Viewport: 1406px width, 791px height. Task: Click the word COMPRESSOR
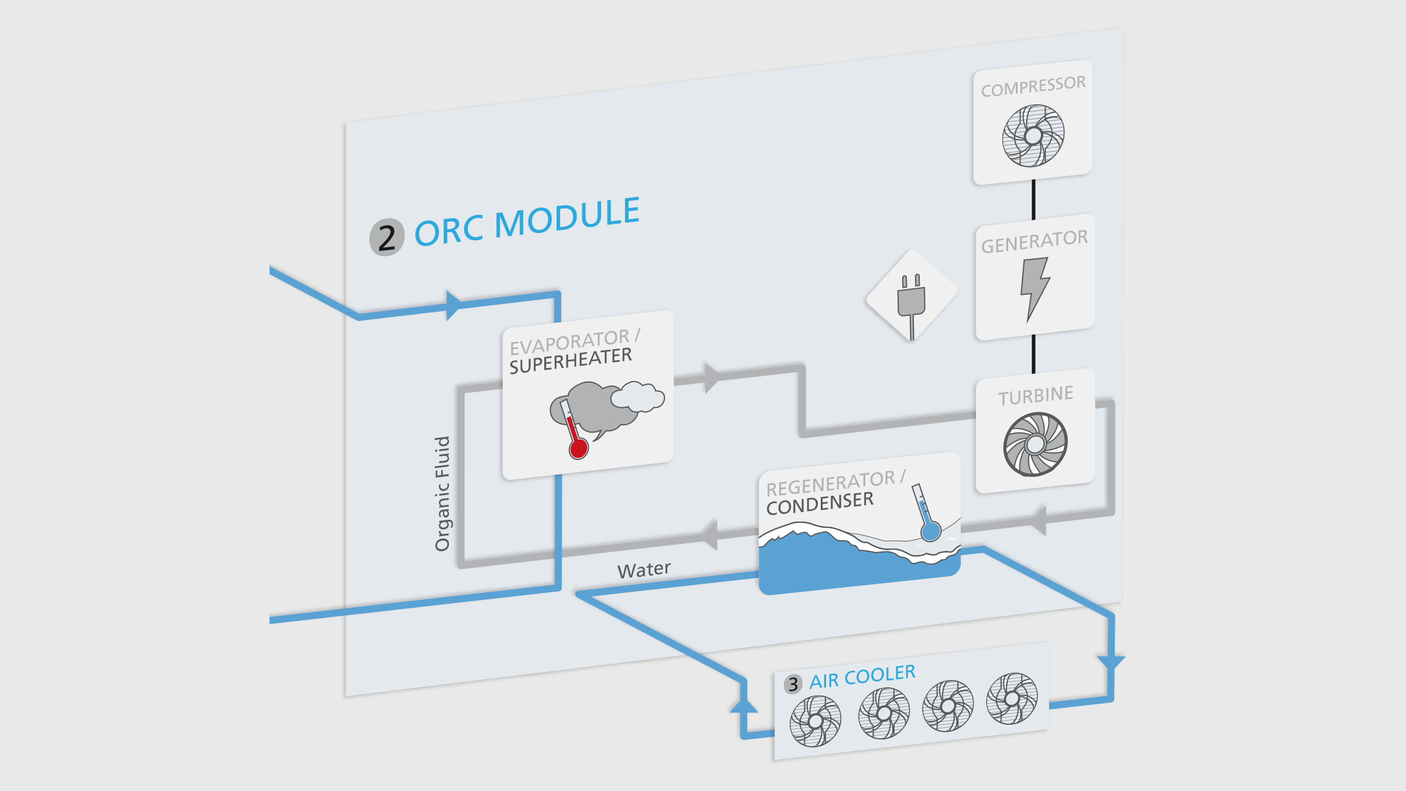(x=1033, y=86)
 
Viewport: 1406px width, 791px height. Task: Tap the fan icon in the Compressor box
(x=1033, y=135)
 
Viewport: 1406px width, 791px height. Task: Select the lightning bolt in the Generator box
(x=1035, y=288)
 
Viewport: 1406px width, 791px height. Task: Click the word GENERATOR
(x=1035, y=241)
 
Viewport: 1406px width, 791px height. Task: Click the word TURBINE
(x=1036, y=395)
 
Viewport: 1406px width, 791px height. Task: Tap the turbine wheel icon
(x=1035, y=444)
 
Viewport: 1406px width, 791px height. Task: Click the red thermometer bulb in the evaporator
(x=578, y=448)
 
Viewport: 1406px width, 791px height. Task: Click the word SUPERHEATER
(x=571, y=360)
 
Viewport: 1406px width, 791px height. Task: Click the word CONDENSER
(x=820, y=503)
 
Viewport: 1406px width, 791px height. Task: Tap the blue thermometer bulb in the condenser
(x=930, y=531)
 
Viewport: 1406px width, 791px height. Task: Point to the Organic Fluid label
(x=442, y=493)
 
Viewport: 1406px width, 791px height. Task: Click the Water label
(x=644, y=570)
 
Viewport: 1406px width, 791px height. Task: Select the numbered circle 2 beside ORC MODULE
(x=387, y=237)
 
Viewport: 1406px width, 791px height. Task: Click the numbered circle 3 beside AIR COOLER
(x=793, y=684)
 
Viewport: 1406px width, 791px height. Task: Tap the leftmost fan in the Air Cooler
(x=815, y=721)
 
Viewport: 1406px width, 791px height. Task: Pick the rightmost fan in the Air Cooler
(x=1012, y=698)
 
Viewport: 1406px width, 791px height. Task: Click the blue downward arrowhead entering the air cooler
(x=1110, y=663)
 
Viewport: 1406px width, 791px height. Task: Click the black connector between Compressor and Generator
(x=1033, y=199)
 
